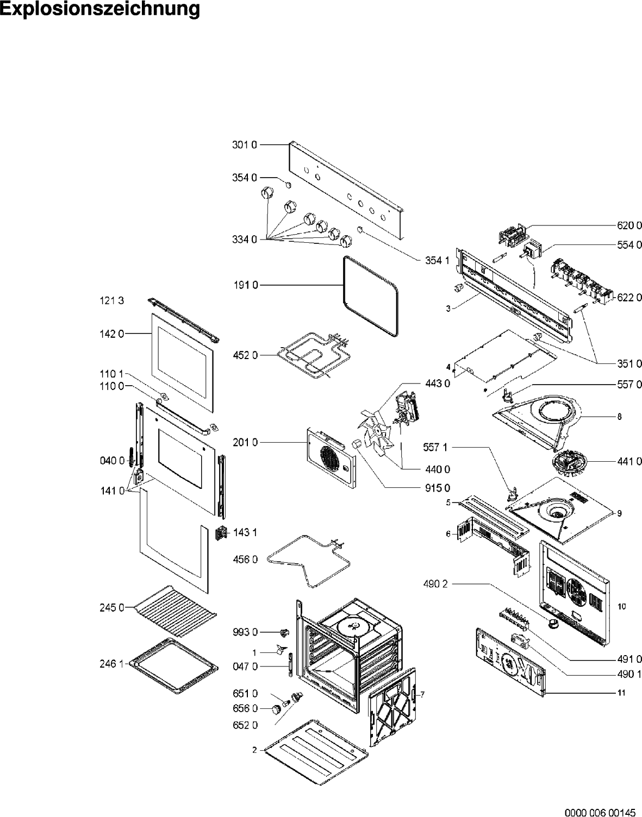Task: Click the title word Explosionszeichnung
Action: [100, 10]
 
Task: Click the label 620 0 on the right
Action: [629, 225]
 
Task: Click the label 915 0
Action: [437, 487]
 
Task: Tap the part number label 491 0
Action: [629, 659]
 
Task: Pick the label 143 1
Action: [245, 532]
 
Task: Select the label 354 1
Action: [437, 260]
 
